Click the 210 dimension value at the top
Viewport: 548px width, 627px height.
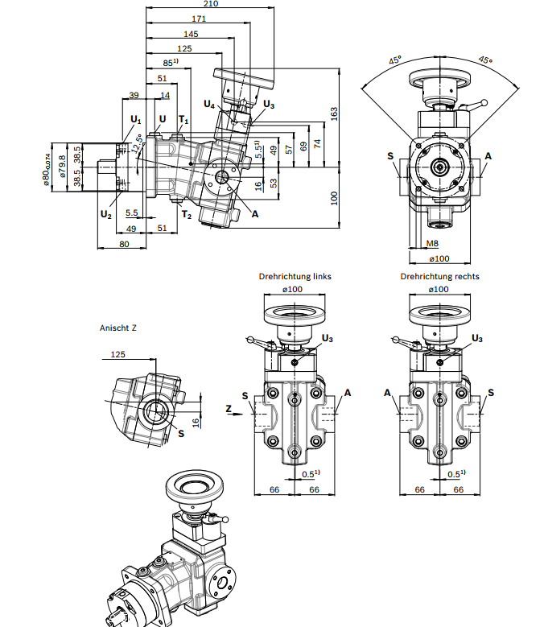tap(211, 3)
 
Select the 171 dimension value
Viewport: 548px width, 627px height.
tap(199, 19)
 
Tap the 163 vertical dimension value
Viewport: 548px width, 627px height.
tap(334, 113)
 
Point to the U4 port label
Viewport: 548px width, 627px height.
tap(209, 105)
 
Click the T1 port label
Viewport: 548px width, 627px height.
tap(183, 120)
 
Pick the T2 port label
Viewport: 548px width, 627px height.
tap(187, 215)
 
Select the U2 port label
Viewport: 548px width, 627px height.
tap(106, 215)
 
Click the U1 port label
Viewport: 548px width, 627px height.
tap(136, 120)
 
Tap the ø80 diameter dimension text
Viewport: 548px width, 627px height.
tap(47, 170)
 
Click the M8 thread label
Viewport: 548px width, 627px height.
tap(432, 243)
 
